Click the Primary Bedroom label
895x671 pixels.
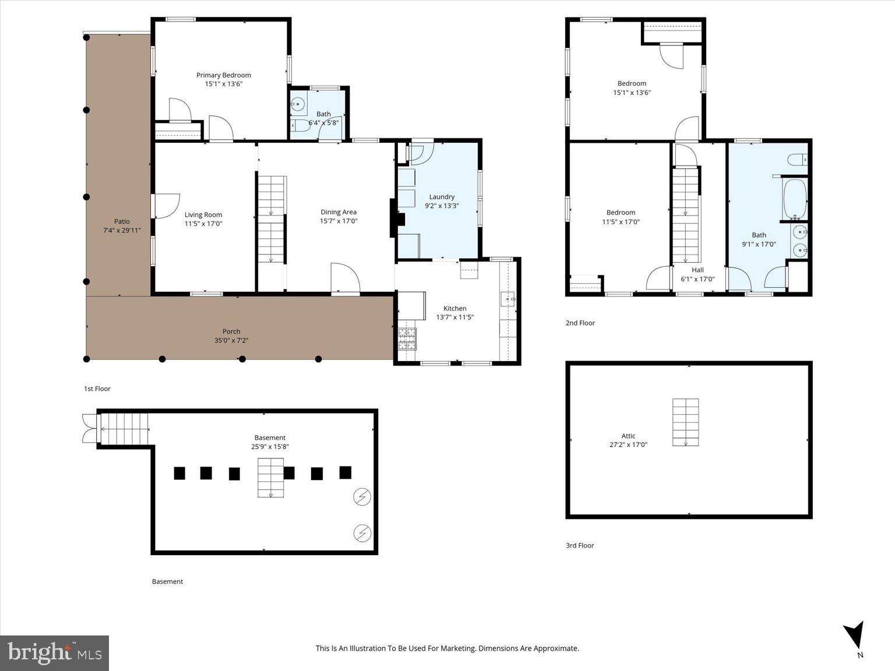223,75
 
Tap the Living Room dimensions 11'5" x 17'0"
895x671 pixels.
203,224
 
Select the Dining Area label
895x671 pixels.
338,212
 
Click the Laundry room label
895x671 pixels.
442,197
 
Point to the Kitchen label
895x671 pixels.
454,308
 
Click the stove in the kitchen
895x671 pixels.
407,338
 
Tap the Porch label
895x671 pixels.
231,331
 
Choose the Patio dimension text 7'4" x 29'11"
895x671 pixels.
122,230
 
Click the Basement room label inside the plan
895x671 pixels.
270,437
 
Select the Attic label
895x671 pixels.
628,436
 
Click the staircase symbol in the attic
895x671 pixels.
686,422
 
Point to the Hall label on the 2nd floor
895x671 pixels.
697,270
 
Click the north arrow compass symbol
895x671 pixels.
854,635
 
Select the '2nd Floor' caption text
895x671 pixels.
580,323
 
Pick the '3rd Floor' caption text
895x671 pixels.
580,545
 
